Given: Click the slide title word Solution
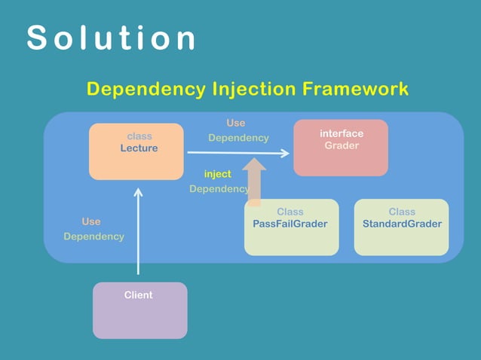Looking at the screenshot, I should click(112, 38).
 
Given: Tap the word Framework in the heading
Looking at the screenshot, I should click(355, 89).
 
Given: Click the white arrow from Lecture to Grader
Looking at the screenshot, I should click(237, 153).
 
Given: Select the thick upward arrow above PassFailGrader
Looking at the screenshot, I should click(255, 181).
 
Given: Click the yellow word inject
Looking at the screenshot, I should click(218, 174).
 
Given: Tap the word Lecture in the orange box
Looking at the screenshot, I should click(139, 148).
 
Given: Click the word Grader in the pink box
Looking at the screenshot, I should click(342, 145).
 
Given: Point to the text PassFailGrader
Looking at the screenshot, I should click(290, 224).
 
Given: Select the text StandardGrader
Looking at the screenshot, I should click(402, 224).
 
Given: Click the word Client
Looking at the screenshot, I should click(139, 295).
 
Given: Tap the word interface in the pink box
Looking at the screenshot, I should click(342, 133).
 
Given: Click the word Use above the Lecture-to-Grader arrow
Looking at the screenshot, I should click(236, 123).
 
